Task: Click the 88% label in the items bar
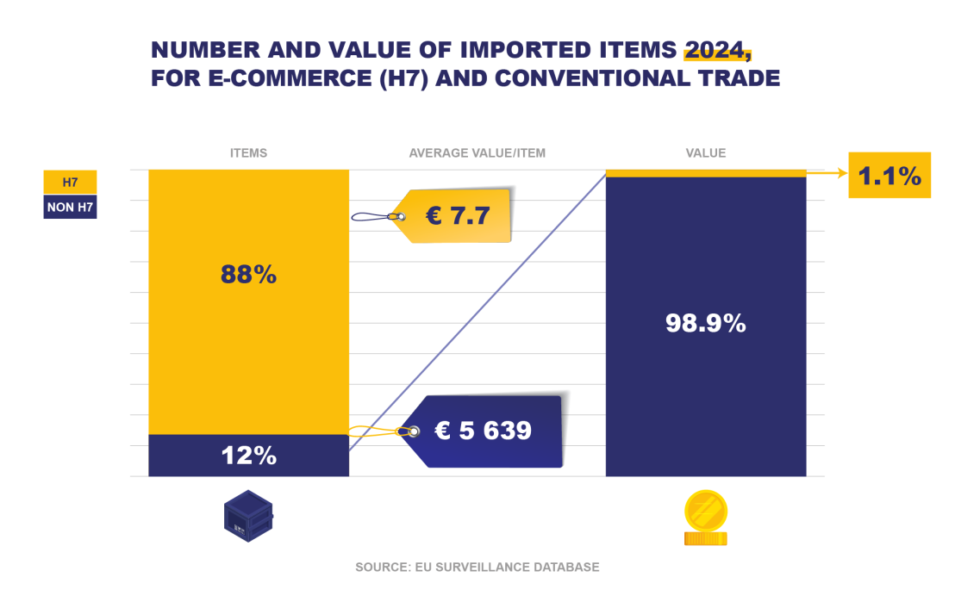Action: [x=248, y=275]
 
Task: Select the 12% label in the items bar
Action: [x=248, y=456]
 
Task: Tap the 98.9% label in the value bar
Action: [x=705, y=323]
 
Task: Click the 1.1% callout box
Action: [x=889, y=175]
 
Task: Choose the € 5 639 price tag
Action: [x=483, y=431]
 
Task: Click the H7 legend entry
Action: [x=70, y=182]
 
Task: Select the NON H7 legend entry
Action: [x=70, y=207]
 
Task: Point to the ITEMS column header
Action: [x=248, y=153]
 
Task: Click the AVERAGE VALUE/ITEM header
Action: [x=477, y=153]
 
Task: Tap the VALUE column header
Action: [x=705, y=153]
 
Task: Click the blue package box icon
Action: [x=248, y=516]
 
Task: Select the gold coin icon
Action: [x=705, y=517]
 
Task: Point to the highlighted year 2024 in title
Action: [x=716, y=49]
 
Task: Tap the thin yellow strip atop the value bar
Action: [x=705, y=173]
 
